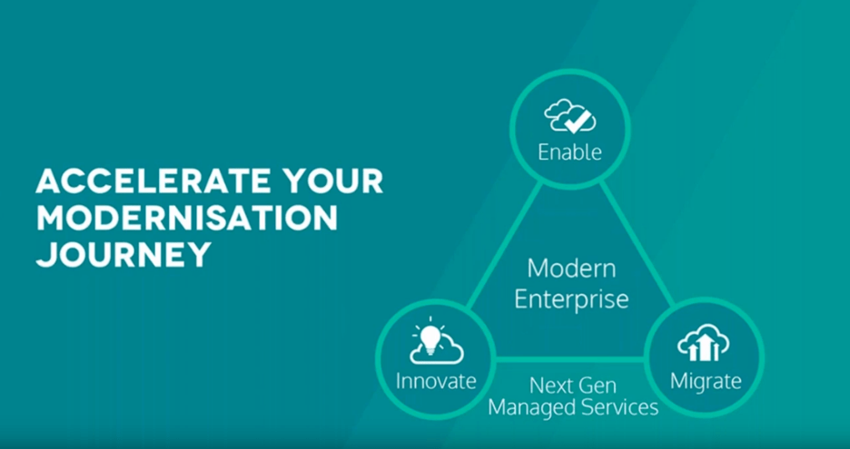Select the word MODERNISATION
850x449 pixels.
click(186, 218)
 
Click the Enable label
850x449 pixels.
click(569, 152)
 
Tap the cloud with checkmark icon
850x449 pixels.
click(569, 115)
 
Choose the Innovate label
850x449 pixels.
click(436, 381)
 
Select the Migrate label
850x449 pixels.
click(706, 381)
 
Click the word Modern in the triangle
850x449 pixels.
click(571, 268)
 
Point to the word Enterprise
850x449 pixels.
click(571, 299)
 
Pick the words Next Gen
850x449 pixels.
click(573, 386)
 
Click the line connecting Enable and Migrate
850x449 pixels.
click(637, 245)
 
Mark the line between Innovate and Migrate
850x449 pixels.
click(569, 358)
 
